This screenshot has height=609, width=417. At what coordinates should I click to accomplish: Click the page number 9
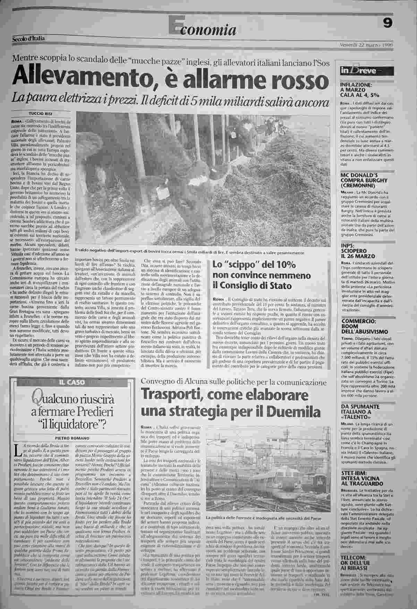(x=388, y=23)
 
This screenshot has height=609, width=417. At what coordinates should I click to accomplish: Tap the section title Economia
(x=203, y=30)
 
